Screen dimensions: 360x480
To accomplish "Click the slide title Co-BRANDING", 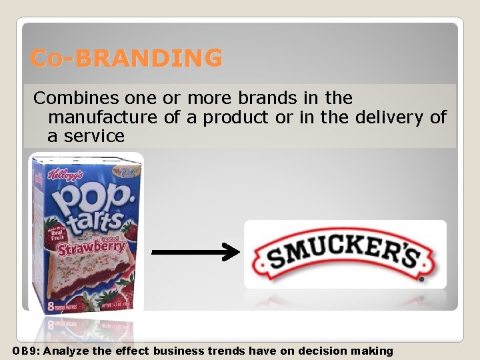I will [x=127, y=59].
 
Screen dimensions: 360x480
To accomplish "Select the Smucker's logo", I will [x=345, y=255].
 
